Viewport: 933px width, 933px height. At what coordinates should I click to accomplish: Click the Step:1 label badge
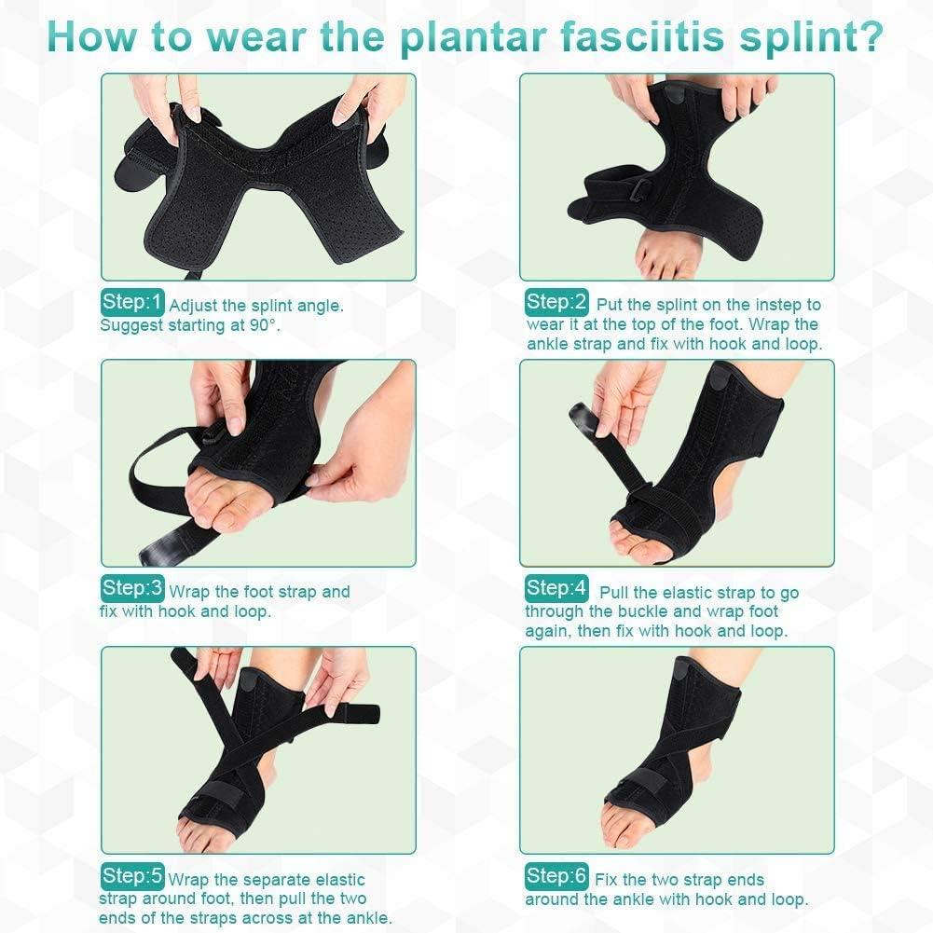[132, 303]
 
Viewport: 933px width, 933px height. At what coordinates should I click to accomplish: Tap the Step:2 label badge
[557, 303]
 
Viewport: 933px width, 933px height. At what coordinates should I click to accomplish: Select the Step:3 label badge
[132, 589]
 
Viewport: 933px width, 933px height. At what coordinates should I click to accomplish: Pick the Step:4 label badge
[557, 589]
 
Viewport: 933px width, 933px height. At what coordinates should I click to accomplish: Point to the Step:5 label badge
[132, 877]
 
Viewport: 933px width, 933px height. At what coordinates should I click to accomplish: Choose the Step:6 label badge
[557, 877]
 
